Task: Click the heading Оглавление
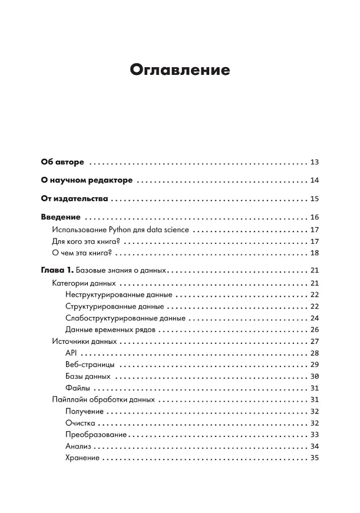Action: click(x=180, y=70)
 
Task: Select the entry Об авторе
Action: click(x=62, y=161)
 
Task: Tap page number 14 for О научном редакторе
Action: click(x=313, y=180)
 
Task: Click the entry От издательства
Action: click(x=75, y=198)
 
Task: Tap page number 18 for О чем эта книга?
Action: click(x=313, y=253)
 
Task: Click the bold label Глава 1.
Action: click(x=57, y=271)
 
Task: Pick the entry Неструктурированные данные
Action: click(x=119, y=295)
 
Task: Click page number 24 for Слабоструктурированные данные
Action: click(x=313, y=318)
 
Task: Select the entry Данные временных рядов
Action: click(x=110, y=330)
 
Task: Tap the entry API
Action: click(x=72, y=353)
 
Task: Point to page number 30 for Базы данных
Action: click(x=313, y=376)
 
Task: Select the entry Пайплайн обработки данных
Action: click(x=103, y=399)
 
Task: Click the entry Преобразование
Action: click(x=97, y=434)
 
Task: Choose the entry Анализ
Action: click(x=78, y=446)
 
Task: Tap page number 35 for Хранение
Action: click(x=313, y=458)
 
